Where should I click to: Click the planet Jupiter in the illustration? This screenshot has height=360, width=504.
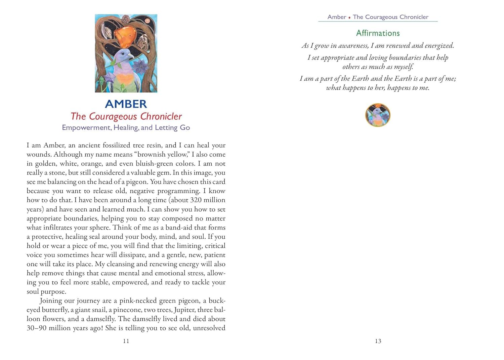click(147, 21)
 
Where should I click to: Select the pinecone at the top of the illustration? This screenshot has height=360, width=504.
click(125, 19)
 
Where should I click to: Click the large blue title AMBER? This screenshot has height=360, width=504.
click(126, 104)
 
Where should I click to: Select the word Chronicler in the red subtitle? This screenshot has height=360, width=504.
click(161, 117)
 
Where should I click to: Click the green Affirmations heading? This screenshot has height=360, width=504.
click(378, 33)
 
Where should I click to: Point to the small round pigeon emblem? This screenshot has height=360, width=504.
click(378, 115)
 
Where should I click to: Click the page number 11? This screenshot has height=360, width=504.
click(126, 341)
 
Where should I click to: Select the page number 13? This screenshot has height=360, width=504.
click(378, 341)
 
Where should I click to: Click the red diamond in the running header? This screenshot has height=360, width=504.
click(349, 17)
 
